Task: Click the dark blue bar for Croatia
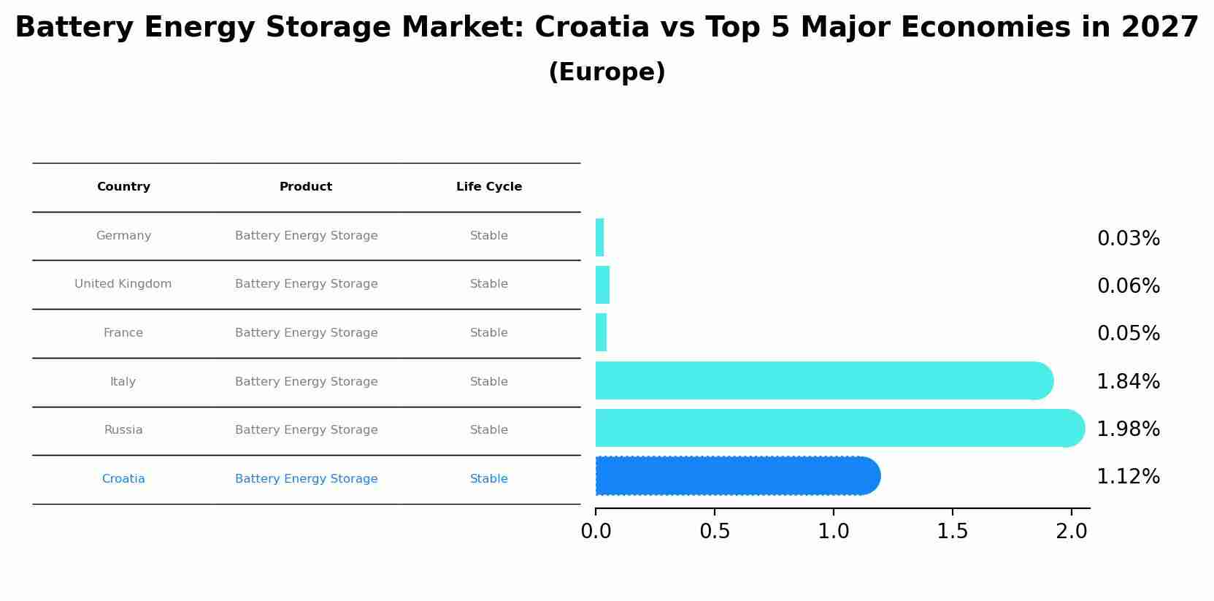click(x=737, y=476)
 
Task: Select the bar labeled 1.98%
click(x=840, y=428)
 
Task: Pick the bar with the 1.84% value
click(x=823, y=380)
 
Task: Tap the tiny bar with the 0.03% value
click(x=600, y=237)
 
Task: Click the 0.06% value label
click(x=1128, y=286)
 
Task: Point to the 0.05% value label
click(x=1128, y=334)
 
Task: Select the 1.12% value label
click(x=1128, y=477)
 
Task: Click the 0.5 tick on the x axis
click(x=715, y=532)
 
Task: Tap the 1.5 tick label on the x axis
click(x=953, y=532)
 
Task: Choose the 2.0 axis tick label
click(x=1071, y=532)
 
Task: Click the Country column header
click(x=123, y=187)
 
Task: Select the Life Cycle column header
click(x=489, y=187)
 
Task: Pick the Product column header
click(x=306, y=187)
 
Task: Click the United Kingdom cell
click(x=123, y=284)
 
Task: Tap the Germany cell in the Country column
click(x=123, y=236)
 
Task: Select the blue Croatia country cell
click(x=123, y=479)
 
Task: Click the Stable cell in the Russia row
click(x=489, y=430)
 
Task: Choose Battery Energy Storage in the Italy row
click(x=307, y=382)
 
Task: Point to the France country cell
click(x=123, y=333)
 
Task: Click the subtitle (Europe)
click(x=607, y=72)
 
